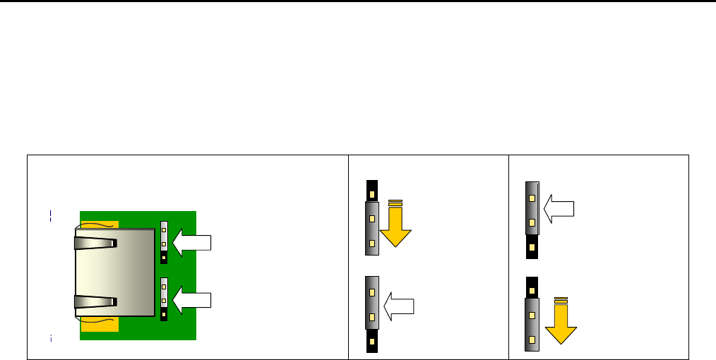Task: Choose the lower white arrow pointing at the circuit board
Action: [192, 299]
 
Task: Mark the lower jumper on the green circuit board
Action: [164, 298]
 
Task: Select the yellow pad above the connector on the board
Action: [99, 224]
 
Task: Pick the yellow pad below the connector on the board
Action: [99, 324]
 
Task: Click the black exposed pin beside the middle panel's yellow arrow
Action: [372, 190]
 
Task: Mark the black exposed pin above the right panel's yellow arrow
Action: [532, 287]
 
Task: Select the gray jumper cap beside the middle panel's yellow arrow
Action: [372, 228]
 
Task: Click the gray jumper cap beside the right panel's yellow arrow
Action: [532, 324]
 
